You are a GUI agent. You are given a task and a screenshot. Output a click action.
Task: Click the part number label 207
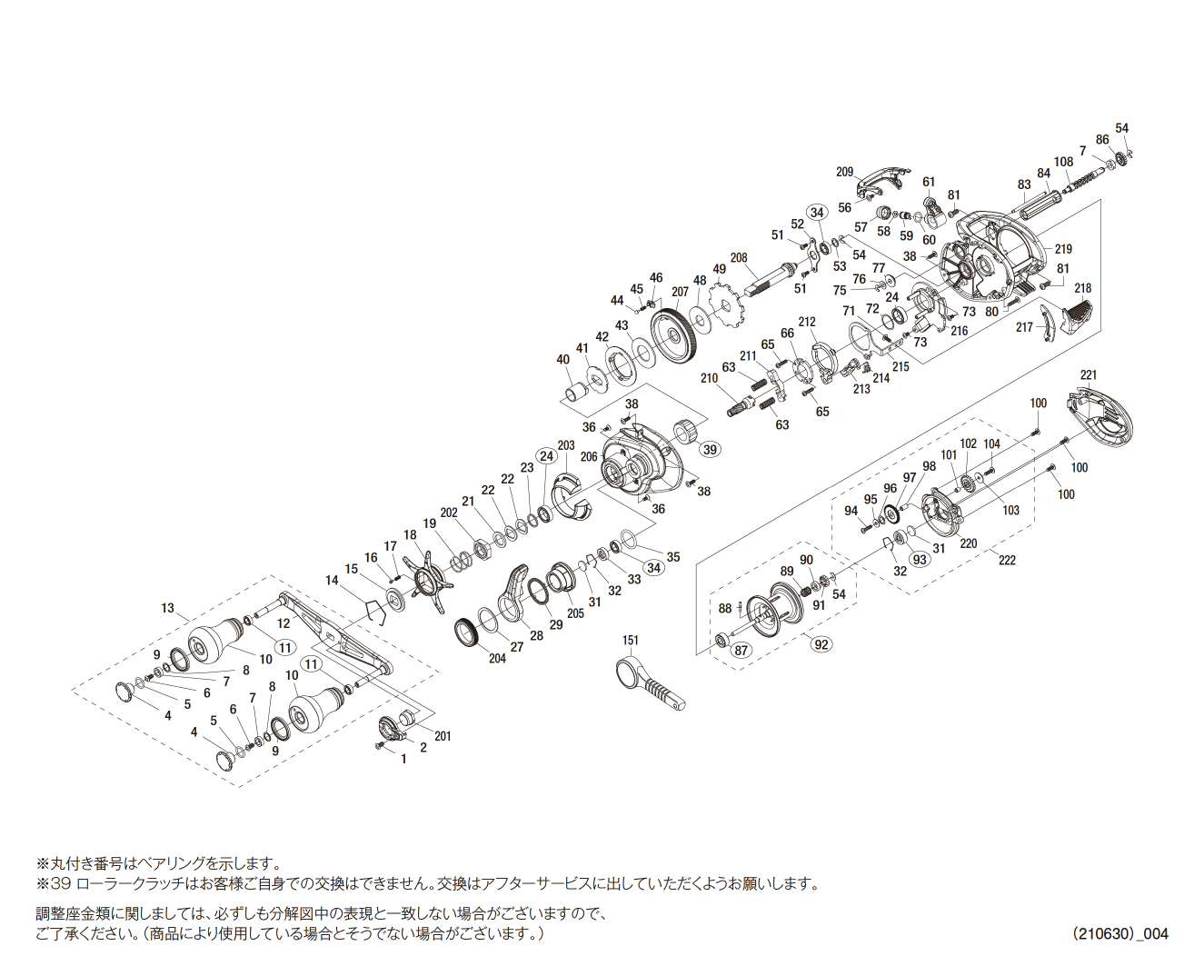pos(680,293)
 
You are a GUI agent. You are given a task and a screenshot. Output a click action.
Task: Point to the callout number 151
pos(630,641)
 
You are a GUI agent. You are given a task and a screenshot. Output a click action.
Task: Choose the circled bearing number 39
pos(710,449)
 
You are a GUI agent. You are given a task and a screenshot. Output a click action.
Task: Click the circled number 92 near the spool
pos(821,644)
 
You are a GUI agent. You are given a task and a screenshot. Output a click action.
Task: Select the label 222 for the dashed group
pos(1006,560)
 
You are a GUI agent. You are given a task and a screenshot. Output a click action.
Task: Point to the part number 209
pos(845,172)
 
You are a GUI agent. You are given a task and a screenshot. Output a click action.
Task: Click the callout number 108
pos(1063,163)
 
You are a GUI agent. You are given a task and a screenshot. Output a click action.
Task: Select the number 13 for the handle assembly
pos(167,608)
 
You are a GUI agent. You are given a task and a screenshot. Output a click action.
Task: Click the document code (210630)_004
pos(1119,933)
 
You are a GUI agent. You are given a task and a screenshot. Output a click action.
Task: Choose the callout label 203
pos(565,445)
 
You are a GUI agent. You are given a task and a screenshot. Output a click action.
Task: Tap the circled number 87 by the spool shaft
pos(741,650)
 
